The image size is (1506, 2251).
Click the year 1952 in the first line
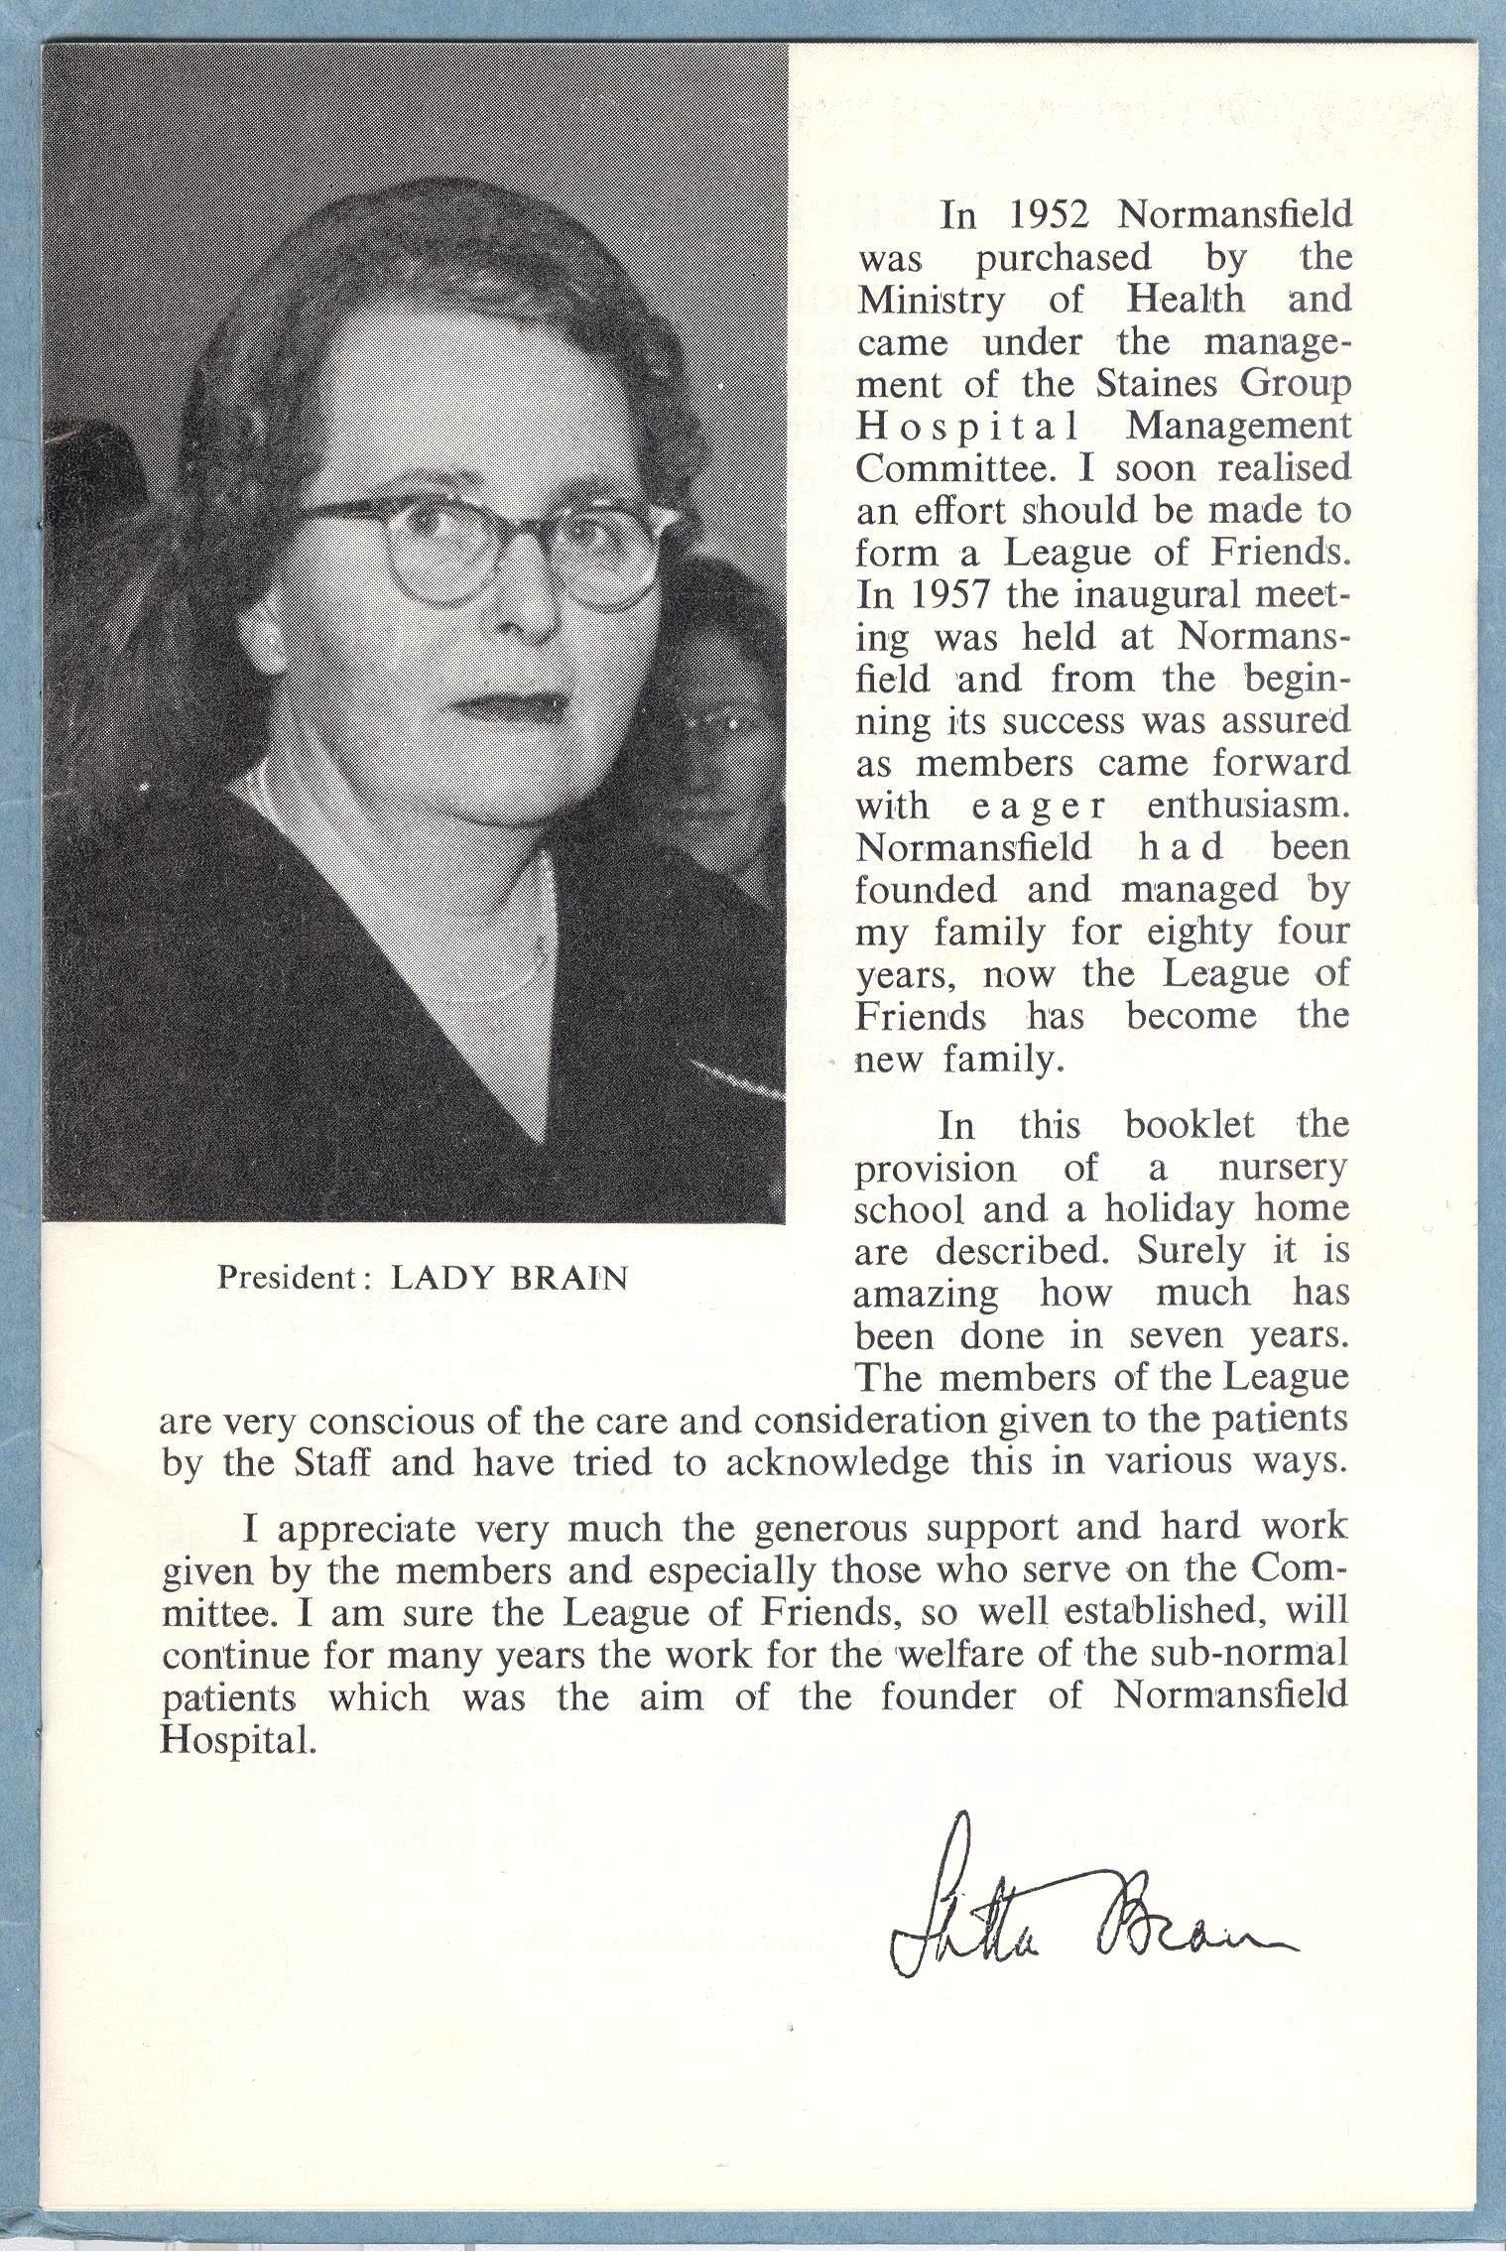point(1051,215)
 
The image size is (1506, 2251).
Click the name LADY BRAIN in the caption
point(510,1277)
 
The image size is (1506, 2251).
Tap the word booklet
point(1191,1125)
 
